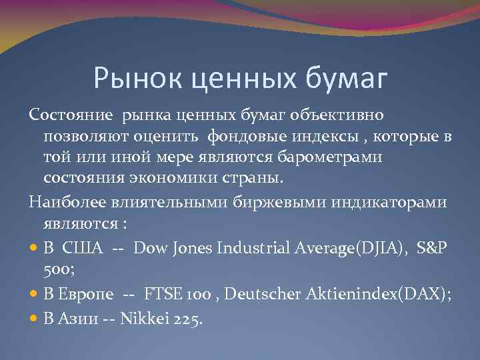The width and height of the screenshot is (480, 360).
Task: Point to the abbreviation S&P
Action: pyautogui.click(x=433, y=248)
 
